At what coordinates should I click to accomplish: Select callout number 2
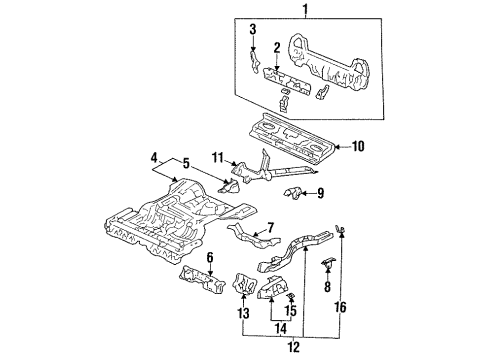(x=277, y=46)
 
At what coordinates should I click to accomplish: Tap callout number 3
(x=253, y=27)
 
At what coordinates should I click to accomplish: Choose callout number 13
(x=242, y=313)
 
